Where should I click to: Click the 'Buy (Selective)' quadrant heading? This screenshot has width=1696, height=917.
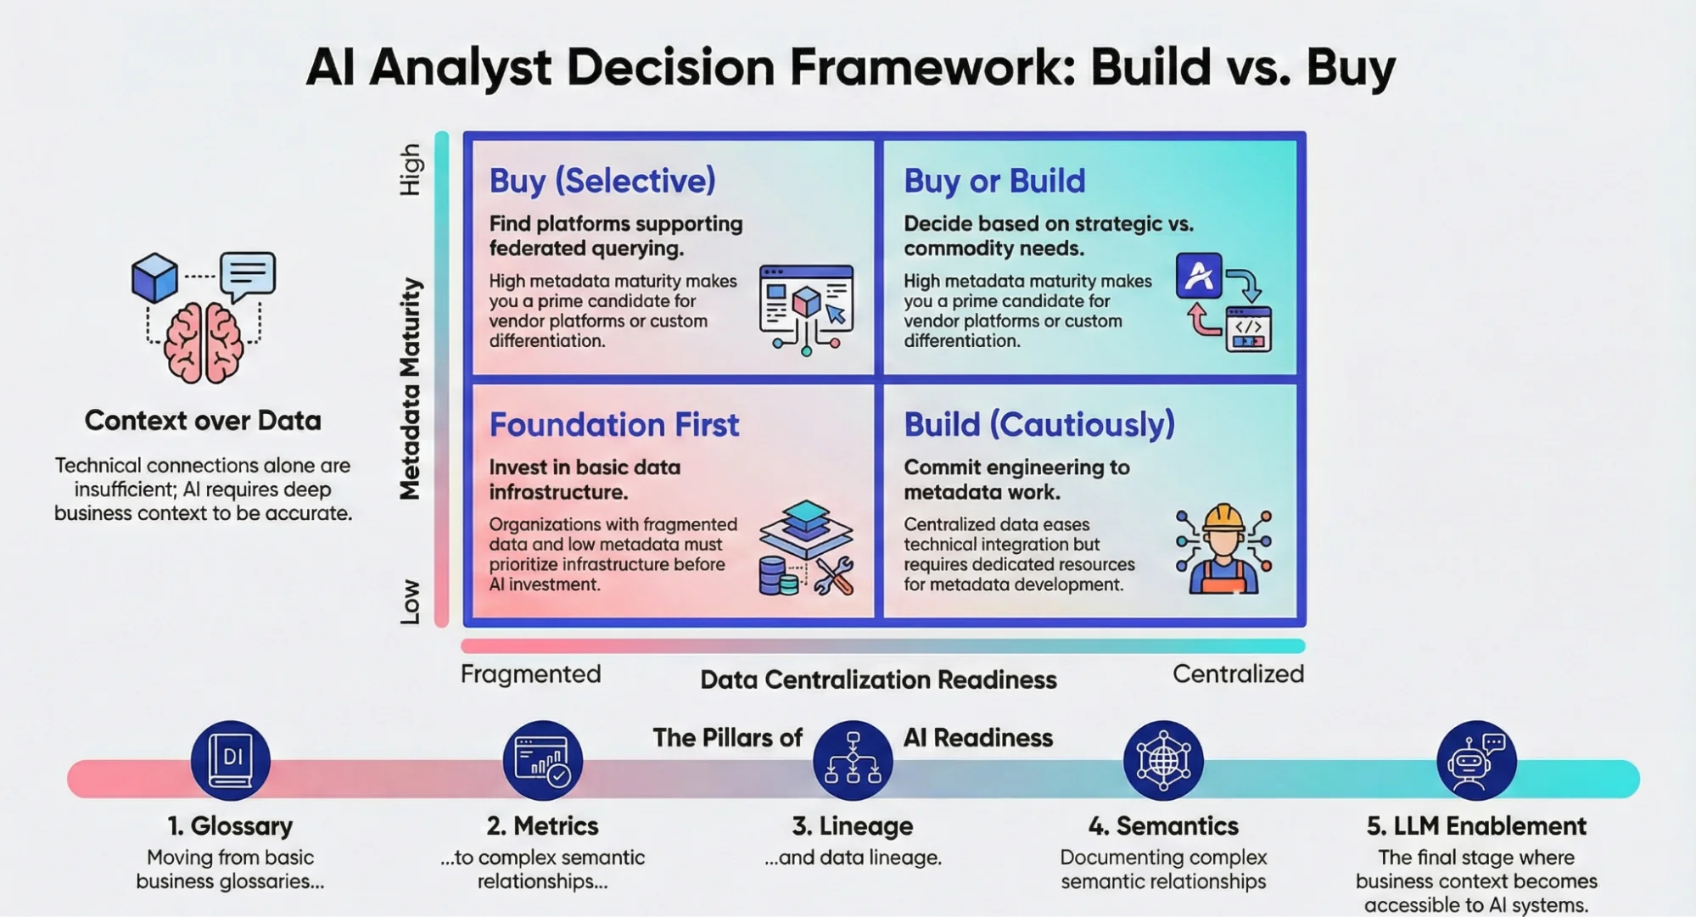pos(602,181)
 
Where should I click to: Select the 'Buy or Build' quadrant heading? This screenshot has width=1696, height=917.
pos(994,181)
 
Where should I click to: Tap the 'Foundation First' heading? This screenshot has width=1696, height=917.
pos(613,424)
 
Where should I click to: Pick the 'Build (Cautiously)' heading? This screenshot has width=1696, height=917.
pos(1038,424)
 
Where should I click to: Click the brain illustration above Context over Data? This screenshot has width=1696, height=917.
pos(204,341)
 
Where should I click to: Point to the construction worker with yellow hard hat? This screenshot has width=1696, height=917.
pos(1223,550)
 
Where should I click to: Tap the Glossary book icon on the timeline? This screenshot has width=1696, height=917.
pos(231,760)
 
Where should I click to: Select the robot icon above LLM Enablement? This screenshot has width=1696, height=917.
pos(1475,760)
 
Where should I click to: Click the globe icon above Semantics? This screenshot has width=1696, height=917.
pos(1163,760)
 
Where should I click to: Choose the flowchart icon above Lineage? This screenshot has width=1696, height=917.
pos(853,758)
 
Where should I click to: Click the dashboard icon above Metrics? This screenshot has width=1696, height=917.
pos(542,760)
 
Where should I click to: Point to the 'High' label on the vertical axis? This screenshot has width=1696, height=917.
pos(411,170)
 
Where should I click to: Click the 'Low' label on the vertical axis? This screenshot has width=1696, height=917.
pos(411,601)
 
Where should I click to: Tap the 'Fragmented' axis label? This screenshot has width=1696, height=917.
pos(530,674)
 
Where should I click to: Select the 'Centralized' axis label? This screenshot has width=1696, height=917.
pos(1238,674)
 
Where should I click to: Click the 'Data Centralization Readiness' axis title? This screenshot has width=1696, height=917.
pos(878,679)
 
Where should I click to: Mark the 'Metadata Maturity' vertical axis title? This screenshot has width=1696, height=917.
pos(411,389)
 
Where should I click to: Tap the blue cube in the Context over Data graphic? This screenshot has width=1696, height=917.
pos(154,277)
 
